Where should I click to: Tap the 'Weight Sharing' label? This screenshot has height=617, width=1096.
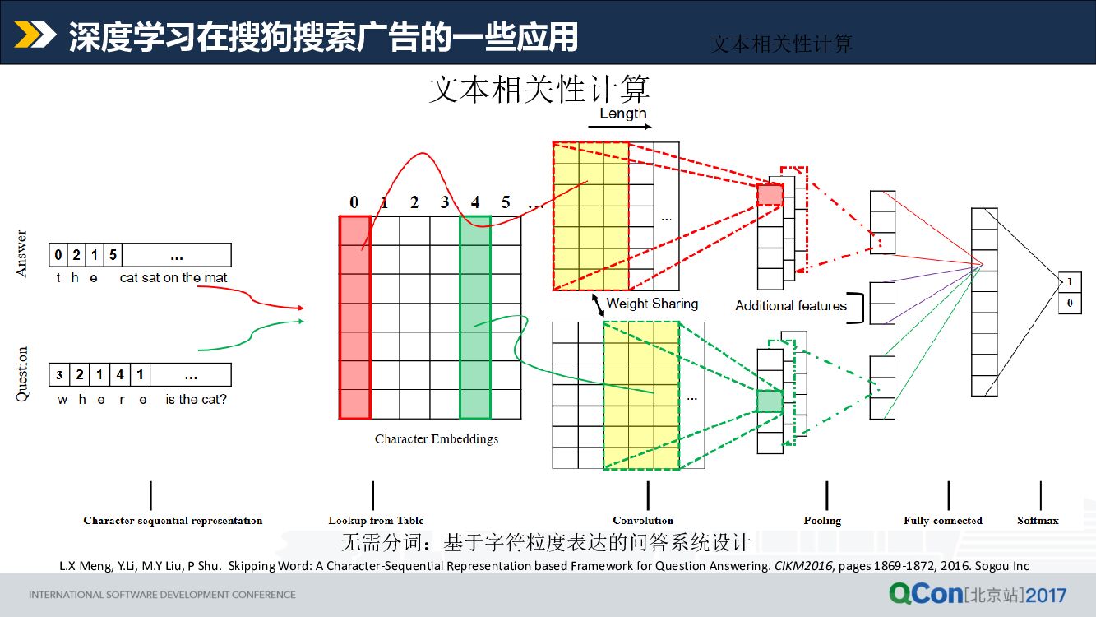tap(652, 304)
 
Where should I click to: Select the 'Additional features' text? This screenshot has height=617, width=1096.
tap(790, 306)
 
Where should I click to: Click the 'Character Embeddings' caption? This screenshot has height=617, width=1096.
tap(436, 439)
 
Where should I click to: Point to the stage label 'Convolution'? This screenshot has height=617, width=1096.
tap(643, 521)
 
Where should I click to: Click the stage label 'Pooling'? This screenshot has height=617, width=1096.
tap(822, 521)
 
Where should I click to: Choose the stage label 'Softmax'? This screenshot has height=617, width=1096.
tap(1038, 521)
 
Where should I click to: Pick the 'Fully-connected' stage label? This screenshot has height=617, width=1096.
tap(942, 521)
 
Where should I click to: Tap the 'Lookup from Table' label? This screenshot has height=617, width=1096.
tap(376, 521)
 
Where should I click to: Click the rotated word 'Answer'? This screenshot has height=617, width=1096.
tap(22, 253)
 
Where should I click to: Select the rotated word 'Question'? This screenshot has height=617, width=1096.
tap(22, 374)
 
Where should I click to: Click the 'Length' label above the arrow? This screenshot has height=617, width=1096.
tap(622, 114)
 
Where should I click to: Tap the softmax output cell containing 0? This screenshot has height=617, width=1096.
tap(1069, 304)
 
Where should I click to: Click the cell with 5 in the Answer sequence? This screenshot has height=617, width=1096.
tap(113, 255)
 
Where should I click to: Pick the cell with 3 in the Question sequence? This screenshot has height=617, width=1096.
tap(59, 375)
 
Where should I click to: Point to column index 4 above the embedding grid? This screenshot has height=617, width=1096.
tap(475, 202)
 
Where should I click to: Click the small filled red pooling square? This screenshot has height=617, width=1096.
tap(770, 195)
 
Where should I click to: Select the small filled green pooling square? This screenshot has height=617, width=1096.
tap(770, 401)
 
